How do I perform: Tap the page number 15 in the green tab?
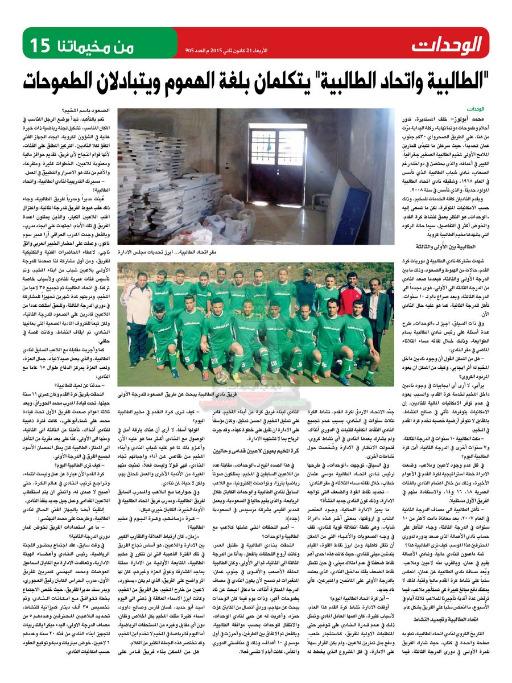click(x=42, y=43)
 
